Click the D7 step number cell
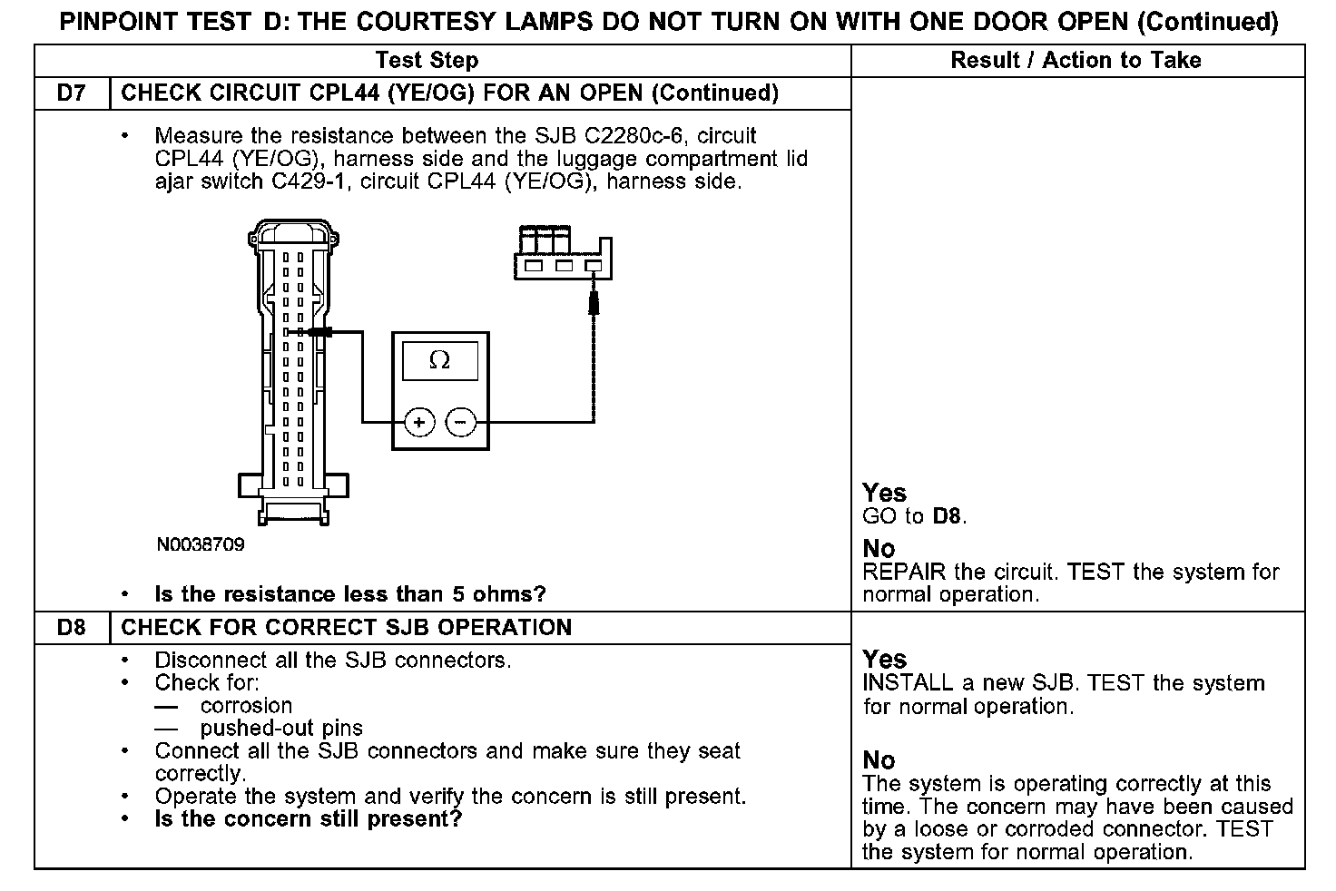pyautogui.click(x=71, y=93)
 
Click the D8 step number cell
pyautogui.click(x=71, y=628)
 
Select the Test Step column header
pyautogui.click(x=427, y=61)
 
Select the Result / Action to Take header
pyautogui.click(x=1076, y=61)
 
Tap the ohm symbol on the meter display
pyautogui.click(x=439, y=361)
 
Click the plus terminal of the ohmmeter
pyautogui.click(x=418, y=422)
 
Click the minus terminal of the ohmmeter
pyautogui.click(x=461, y=422)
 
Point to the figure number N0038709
pyautogui.click(x=200, y=545)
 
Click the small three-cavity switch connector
pyautogui.click(x=562, y=253)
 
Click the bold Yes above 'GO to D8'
pyautogui.click(x=884, y=493)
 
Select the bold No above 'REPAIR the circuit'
pyautogui.click(x=879, y=549)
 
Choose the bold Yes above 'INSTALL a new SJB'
pyautogui.click(x=884, y=660)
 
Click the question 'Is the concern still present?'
pyautogui.click(x=309, y=819)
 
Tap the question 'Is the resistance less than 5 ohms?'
pyautogui.click(x=350, y=594)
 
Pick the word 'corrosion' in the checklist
pyautogui.click(x=246, y=706)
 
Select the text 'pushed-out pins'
pyautogui.click(x=281, y=729)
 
